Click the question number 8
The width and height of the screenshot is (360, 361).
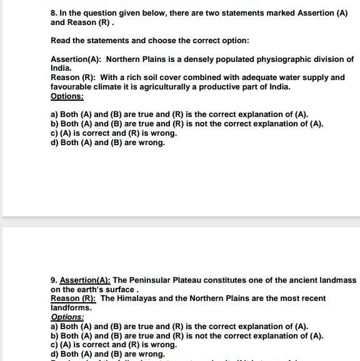pos(54,13)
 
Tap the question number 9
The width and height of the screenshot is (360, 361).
pos(54,280)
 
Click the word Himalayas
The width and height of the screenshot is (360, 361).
pos(139,298)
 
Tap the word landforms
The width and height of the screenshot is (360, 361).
pos(71,308)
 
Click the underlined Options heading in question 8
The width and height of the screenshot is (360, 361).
pos(67,96)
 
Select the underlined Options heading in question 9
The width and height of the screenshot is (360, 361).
pos(67,317)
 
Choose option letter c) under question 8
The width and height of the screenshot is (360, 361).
pos(54,133)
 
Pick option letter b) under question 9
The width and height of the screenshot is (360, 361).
pos(54,335)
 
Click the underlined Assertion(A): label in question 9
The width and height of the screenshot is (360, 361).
pos(85,280)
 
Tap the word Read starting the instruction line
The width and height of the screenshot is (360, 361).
pos(61,41)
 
